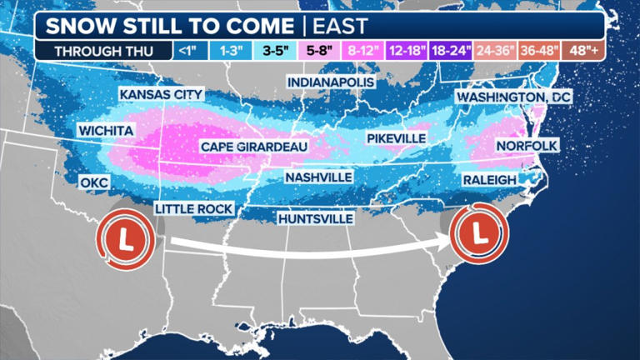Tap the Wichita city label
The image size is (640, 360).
click(x=107, y=131)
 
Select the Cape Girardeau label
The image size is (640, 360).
click(x=254, y=147)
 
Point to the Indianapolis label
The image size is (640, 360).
click(x=332, y=82)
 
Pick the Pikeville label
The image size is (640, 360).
click(x=396, y=137)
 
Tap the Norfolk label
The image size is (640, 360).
click(x=526, y=146)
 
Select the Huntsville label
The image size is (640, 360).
click(x=315, y=218)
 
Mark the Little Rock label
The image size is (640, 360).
click(x=193, y=207)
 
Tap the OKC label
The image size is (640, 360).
click(x=96, y=182)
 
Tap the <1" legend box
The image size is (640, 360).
click(x=188, y=50)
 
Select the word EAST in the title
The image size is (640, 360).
click(x=341, y=24)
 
